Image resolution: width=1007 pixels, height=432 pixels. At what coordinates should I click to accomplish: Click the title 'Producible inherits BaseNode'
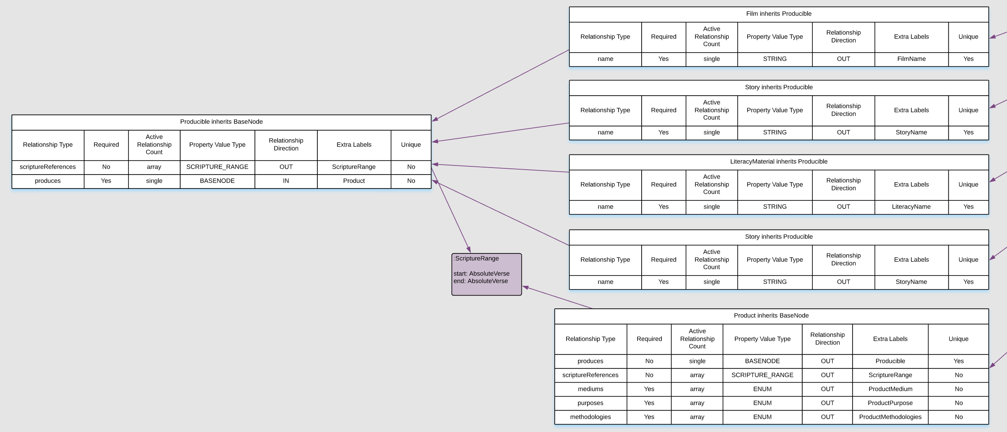click(221, 122)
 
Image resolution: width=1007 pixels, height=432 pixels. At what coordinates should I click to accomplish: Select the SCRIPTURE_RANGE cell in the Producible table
click(217, 167)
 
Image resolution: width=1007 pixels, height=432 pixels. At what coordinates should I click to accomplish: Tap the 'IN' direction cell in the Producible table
click(286, 181)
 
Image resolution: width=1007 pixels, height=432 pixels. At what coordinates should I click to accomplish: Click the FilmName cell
click(911, 59)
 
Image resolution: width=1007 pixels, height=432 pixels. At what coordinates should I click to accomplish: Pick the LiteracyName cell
click(911, 207)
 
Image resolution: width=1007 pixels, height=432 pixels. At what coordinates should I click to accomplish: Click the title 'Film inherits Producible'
click(779, 14)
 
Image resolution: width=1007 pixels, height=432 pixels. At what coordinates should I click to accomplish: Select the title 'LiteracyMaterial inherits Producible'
click(779, 161)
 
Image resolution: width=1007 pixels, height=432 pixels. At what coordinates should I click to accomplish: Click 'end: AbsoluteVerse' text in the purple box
click(481, 281)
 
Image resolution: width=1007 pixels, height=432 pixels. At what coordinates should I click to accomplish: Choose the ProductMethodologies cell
click(890, 417)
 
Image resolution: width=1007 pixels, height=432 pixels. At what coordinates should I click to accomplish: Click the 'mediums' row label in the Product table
click(590, 389)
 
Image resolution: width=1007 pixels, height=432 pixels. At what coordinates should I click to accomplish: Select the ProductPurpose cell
click(890, 403)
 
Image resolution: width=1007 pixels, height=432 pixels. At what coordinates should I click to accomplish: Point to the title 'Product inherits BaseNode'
click(771, 315)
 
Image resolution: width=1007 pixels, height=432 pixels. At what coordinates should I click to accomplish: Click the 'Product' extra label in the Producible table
click(354, 181)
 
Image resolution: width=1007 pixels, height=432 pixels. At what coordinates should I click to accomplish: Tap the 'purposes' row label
click(590, 403)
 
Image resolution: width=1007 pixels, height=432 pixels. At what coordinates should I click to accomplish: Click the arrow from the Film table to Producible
click(501, 85)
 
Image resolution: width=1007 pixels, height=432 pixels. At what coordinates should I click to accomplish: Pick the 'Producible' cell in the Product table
click(890, 361)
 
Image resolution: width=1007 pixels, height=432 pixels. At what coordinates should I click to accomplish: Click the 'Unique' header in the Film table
click(968, 37)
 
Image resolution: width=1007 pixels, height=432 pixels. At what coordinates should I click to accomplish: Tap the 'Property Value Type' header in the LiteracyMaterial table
click(775, 184)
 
